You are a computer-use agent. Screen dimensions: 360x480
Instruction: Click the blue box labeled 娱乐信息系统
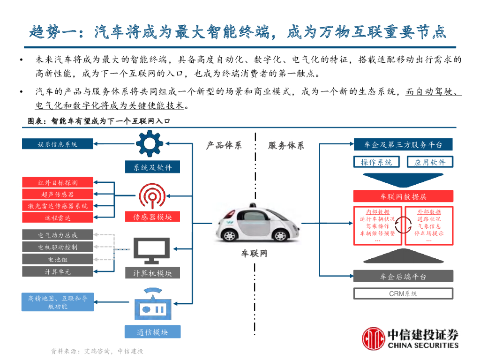click(x=58, y=144)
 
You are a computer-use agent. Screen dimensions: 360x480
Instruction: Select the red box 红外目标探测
click(x=58, y=182)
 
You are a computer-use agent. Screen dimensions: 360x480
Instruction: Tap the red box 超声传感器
click(x=58, y=194)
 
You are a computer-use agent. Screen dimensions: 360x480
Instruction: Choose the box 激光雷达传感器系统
click(x=58, y=206)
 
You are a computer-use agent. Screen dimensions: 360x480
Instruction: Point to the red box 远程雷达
click(x=58, y=217)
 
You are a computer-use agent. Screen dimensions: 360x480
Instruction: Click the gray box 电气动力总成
click(x=58, y=235)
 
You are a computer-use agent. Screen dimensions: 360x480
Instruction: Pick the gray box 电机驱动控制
click(x=58, y=247)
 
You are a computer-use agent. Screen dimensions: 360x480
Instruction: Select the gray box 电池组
click(x=58, y=259)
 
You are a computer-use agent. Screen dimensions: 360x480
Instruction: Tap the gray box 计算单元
click(x=58, y=271)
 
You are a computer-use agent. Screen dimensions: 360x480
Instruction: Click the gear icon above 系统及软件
click(x=152, y=144)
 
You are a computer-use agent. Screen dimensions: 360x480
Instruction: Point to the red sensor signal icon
click(x=152, y=196)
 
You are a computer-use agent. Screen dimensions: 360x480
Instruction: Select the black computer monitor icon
click(x=152, y=251)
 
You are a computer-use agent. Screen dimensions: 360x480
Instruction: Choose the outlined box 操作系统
click(x=376, y=162)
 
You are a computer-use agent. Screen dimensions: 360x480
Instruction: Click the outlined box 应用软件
click(x=429, y=162)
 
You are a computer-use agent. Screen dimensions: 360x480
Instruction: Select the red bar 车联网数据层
click(x=403, y=196)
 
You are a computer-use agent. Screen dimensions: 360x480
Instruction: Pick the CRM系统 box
click(x=403, y=294)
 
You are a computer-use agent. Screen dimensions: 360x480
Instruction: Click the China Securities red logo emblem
click(x=374, y=339)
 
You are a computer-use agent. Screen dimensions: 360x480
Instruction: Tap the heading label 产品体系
click(x=224, y=145)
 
